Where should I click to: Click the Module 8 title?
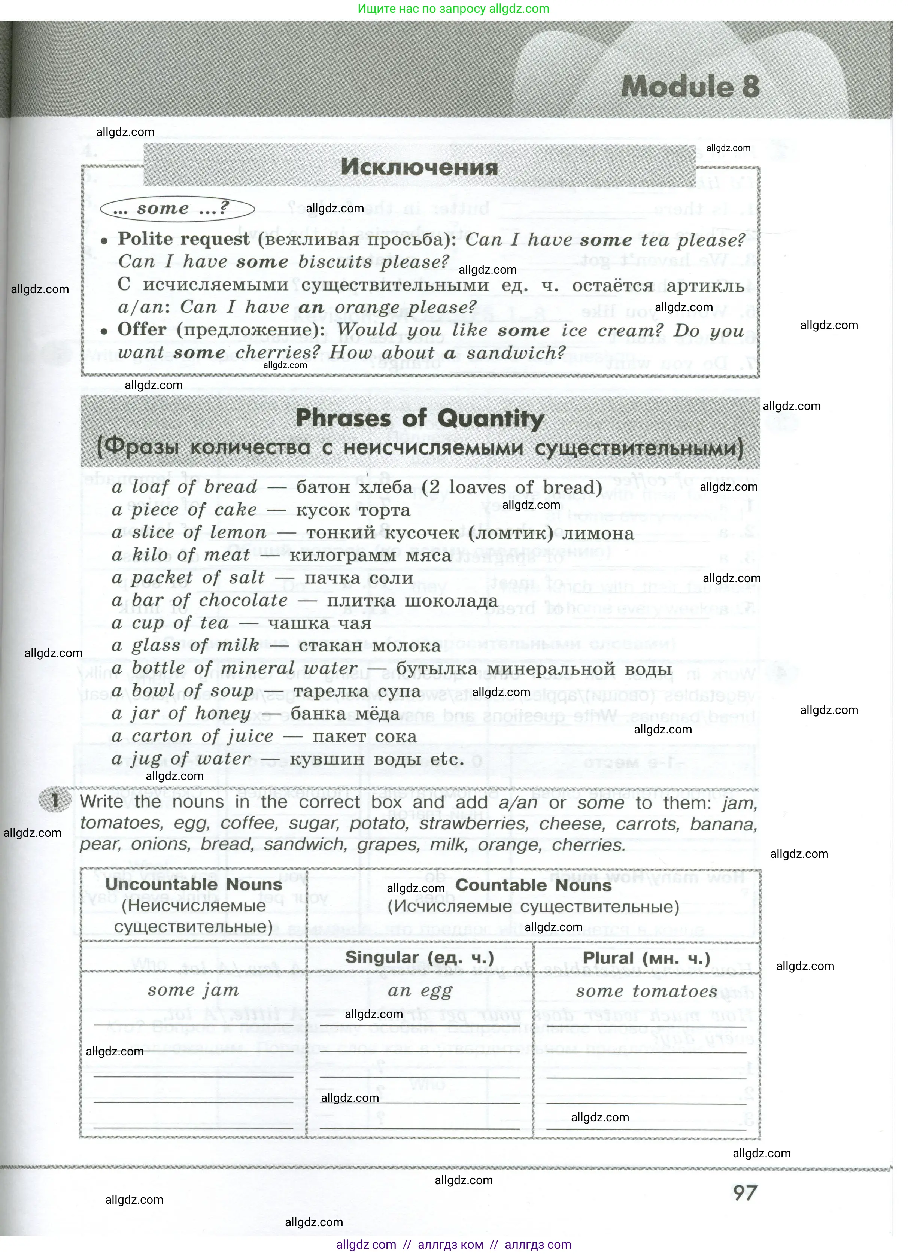[690, 87]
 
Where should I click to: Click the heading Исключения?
[419, 167]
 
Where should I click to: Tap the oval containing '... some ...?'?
[177, 209]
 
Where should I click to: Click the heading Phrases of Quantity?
[420, 419]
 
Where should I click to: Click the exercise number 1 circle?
[55, 800]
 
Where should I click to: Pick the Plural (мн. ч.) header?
[646, 957]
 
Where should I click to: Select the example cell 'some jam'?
[193, 990]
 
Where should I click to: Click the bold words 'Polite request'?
[183, 239]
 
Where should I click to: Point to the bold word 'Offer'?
[142, 329]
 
